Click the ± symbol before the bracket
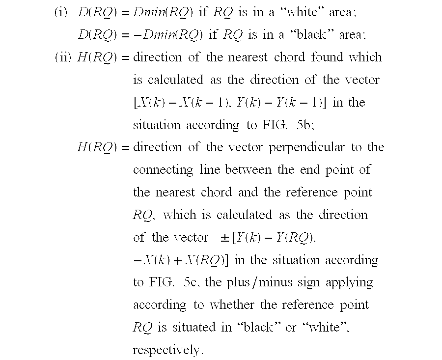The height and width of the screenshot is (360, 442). tap(225, 238)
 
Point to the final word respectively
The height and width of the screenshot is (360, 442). tap(167, 350)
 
